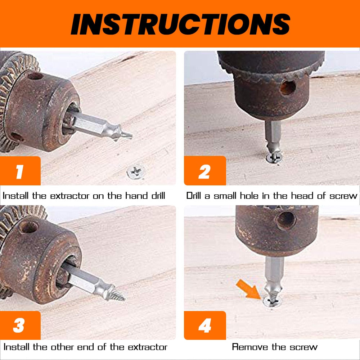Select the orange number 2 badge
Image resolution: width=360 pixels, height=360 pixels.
point(204,171)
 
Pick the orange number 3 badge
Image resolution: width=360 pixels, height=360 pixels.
point(19,325)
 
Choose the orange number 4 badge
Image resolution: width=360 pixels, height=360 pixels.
point(204,325)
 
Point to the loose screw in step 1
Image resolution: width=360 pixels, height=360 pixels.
point(136,172)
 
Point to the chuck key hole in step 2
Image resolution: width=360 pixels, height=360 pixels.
point(288,88)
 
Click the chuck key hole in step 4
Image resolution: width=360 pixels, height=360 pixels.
point(285,220)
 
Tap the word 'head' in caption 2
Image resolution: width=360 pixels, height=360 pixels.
point(301,196)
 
